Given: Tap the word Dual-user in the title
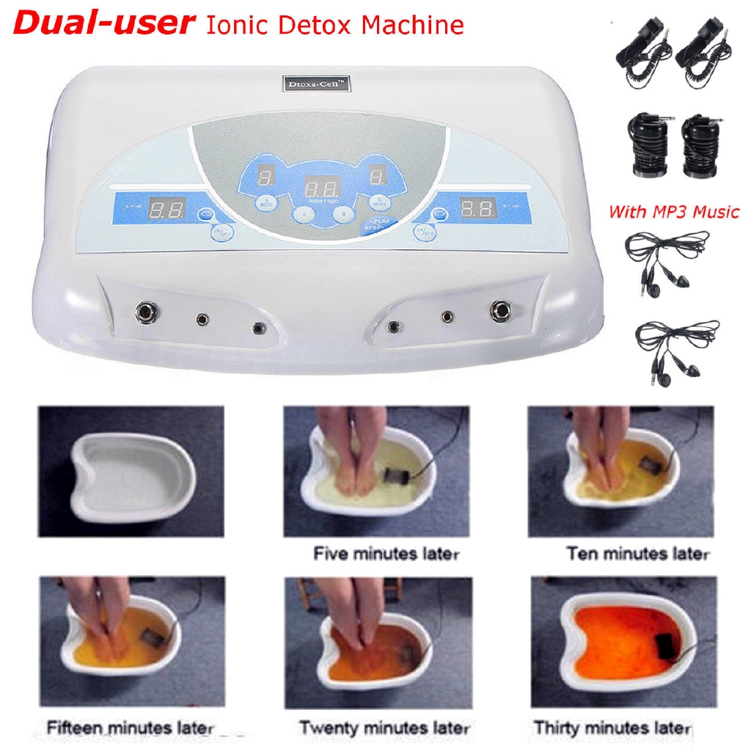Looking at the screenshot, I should coord(103,23).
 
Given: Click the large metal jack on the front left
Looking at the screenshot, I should coord(143,313).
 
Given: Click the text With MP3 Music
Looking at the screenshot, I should coord(673,212).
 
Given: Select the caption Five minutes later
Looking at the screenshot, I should coord(386,554).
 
